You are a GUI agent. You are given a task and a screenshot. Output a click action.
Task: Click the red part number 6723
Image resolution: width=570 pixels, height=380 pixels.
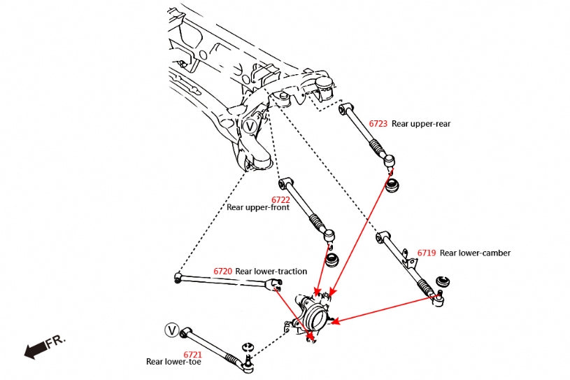pos(378,124)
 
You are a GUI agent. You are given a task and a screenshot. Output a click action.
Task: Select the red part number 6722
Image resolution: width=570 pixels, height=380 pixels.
pos(280,199)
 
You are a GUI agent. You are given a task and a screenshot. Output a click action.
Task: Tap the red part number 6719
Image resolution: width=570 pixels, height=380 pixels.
pos(427,253)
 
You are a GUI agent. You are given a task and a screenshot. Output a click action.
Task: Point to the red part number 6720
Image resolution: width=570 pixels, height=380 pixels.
pos(222,271)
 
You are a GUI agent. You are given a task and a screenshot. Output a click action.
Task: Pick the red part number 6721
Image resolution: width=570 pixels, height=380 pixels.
pos(193,354)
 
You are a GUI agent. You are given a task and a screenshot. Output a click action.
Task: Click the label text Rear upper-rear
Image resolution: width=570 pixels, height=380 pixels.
pos(421,124)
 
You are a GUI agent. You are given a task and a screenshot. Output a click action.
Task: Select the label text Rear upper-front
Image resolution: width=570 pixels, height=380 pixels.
pos(258,208)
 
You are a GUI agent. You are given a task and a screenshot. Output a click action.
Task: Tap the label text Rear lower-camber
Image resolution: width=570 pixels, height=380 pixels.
pos(475,253)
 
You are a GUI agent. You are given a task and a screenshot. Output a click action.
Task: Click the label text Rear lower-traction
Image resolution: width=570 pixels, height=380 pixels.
pos(271,271)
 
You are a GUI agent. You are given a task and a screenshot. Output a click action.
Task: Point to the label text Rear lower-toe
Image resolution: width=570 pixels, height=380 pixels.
pos(174,362)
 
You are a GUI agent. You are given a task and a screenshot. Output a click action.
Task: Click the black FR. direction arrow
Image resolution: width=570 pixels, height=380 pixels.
pos(34,351)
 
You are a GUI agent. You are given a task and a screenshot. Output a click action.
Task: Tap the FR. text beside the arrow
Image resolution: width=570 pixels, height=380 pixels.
pos(55,341)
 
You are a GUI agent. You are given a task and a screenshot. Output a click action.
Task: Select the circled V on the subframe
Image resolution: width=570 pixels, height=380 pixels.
pos(250,127)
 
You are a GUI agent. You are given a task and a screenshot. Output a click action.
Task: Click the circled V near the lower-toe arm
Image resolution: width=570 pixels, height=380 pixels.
pos(172,330)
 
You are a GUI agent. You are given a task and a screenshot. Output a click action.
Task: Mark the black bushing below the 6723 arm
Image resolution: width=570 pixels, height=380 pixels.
pos(392,185)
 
